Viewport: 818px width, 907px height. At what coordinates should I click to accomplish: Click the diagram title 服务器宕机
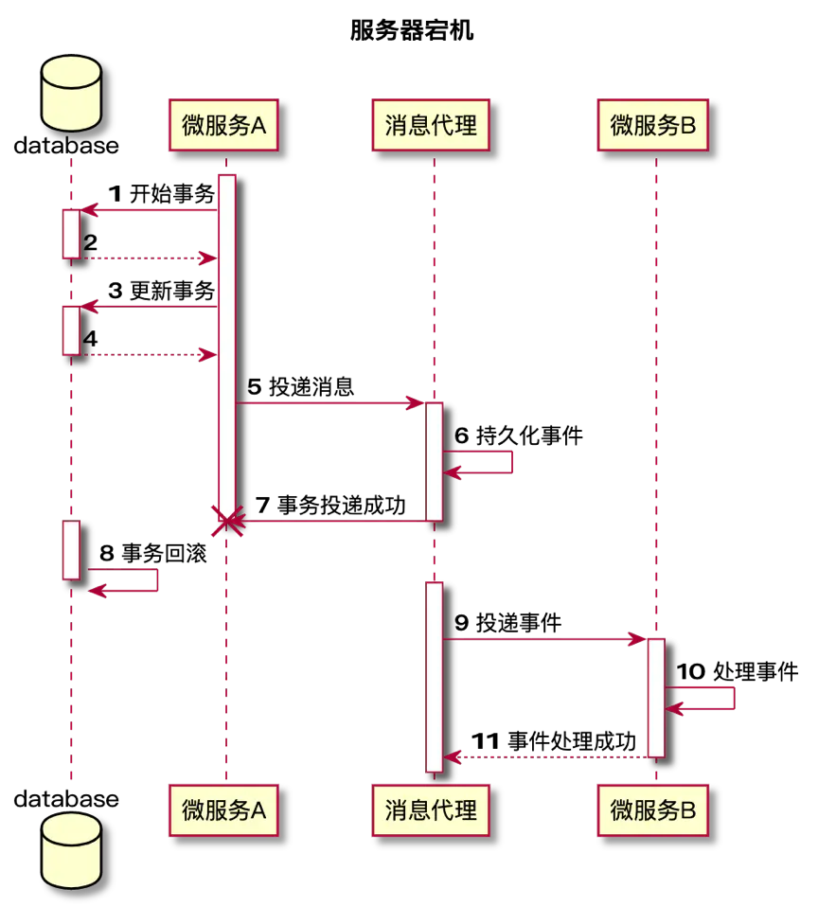(x=412, y=30)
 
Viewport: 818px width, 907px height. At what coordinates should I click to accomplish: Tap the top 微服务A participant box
(x=223, y=125)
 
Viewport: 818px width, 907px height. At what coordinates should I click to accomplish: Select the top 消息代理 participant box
(x=431, y=125)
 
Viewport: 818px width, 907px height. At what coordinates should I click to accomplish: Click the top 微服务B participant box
(x=653, y=125)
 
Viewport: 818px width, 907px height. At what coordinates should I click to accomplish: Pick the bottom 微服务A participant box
(x=223, y=809)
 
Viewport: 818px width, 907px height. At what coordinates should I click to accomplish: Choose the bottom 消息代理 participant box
(x=431, y=809)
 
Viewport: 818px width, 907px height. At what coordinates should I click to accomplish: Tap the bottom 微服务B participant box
(x=653, y=809)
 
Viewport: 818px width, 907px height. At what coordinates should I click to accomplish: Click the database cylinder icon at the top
(x=71, y=93)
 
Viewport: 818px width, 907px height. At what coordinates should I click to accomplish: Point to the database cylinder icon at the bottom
(x=71, y=850)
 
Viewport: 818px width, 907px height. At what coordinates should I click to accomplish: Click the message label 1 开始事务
(x=161, y=194)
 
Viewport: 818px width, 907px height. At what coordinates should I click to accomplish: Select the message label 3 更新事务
(x=161, y=291)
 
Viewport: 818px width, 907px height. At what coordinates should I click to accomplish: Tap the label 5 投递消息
(x=301, y=386)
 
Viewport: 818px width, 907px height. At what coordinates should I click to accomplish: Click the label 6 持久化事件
(x=518, y=436)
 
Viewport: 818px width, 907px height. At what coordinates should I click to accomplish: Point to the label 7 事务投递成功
(x=330, y=505)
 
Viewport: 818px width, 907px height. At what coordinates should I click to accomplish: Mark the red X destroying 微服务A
(x=227, y=521)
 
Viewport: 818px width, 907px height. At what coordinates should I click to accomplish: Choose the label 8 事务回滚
(x=152, y=553)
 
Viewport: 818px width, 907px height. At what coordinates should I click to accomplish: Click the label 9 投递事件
(x=507, y=623)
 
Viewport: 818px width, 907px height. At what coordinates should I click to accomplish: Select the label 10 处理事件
(x=738, y=671)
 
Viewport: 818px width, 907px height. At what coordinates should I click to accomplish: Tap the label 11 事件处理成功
(x=554, y=741)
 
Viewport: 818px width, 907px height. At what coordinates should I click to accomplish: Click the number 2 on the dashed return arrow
(x=90, y=242)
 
